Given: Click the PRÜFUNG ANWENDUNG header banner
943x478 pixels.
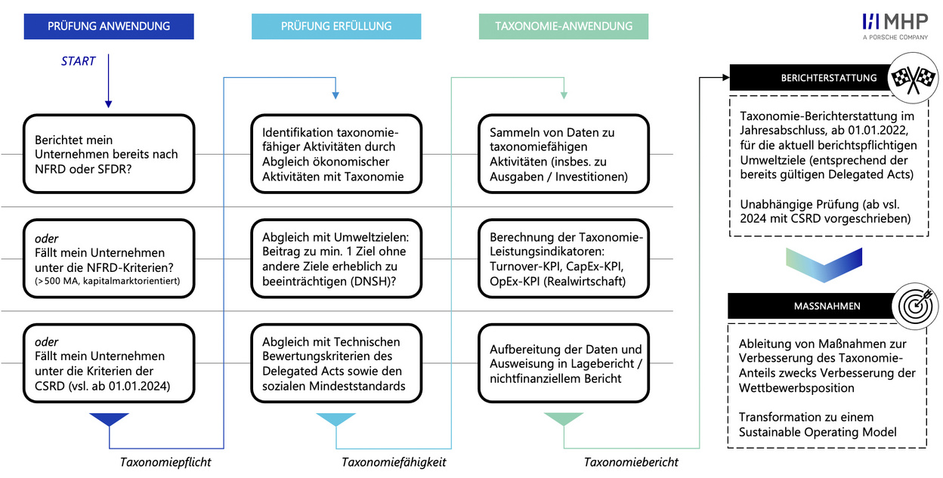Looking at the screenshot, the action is click(x=109, y=26).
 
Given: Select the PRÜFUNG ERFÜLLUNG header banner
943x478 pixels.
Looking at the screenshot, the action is click(x=336, y=26).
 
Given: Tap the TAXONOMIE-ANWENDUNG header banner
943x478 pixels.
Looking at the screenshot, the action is click(x=563, y=26).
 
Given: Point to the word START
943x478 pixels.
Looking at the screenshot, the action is click(x=79, y=61).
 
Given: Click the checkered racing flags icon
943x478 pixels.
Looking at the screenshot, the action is click(x=913, y=78).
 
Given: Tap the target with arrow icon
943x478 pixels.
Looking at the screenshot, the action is click(x=915, y=306).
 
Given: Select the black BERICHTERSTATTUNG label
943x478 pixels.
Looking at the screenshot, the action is click(x=810, y=78).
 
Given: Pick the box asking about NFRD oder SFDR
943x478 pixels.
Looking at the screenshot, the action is click(x=109, y=154).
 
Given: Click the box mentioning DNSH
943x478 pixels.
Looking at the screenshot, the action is click(x=336, y=259).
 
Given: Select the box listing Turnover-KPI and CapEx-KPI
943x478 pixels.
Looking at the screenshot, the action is click(x=563, y=259).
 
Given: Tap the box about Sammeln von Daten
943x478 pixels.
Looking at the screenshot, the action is click(x=563, y=154).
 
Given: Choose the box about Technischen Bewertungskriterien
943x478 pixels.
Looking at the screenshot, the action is click(x=336, y=363).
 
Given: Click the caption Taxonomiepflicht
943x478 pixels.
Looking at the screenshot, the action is click(x=165, y=462).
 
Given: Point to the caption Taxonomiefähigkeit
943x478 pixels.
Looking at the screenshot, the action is click(x=394, y=462).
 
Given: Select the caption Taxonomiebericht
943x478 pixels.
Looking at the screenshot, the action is click(x=631, y=462).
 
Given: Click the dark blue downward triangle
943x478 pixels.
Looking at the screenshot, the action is click(x=109, y=418).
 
